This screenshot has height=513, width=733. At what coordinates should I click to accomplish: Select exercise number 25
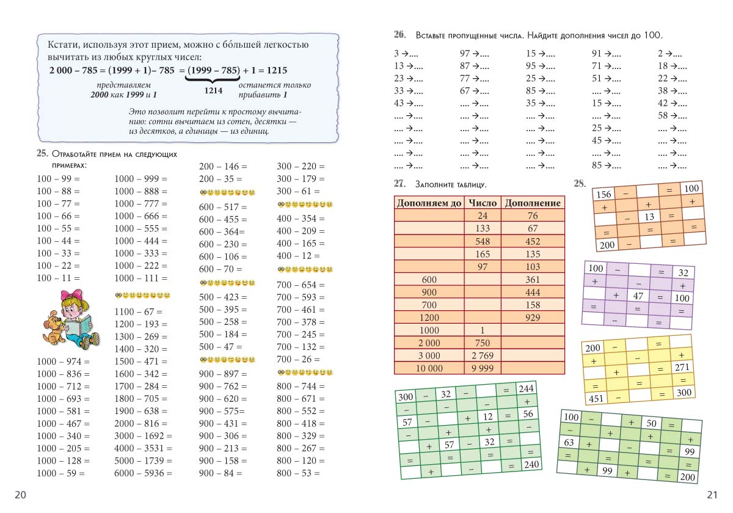[42, 153]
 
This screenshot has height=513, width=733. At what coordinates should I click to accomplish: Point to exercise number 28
[580, 183]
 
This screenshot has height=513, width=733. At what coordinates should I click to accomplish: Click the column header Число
[483, 203]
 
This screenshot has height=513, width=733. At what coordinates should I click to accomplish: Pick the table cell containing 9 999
[483, 368]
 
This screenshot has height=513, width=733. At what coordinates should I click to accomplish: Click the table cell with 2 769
[483, 355]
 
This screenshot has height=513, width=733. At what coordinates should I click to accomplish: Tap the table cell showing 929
[533, 318]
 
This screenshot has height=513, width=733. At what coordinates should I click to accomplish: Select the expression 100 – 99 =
[59, 178]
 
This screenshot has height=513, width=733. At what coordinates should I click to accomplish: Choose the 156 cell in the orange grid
[603, 194]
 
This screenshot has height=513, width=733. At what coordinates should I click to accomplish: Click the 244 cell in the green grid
[525, 389]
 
